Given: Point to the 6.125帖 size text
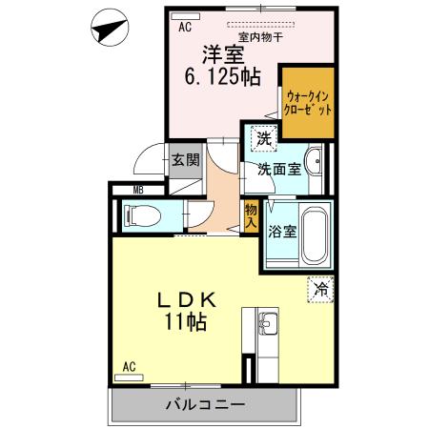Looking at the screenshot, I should [221, 78].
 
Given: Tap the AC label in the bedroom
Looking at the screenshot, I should [185, 27].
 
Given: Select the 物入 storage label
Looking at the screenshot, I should [252, 214].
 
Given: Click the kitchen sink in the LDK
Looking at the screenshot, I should [268, 325].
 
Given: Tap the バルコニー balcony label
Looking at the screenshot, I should [205, 404].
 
